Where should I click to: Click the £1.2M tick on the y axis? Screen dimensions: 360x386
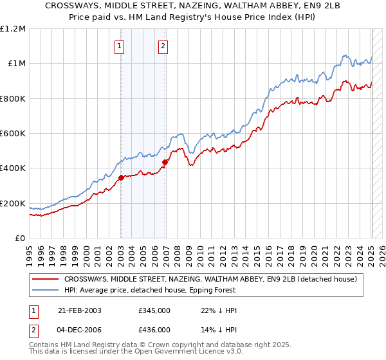tap(14, 28)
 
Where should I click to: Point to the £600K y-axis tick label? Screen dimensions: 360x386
tap(14, 134)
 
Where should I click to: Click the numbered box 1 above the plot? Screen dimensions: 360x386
tap(120, 46)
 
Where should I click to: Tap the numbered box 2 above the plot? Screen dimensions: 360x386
tap(163, 46)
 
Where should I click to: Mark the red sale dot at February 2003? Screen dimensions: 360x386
tap(121, 178)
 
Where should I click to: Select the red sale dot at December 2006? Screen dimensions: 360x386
tap(165, 162)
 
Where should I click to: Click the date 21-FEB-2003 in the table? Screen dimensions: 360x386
tap(80, 310)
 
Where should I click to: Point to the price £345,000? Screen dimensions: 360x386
tap(154, 310)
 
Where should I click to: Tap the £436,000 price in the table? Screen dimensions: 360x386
tap(154, 329)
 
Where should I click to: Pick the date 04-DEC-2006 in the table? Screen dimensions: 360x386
tap(80, 329)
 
